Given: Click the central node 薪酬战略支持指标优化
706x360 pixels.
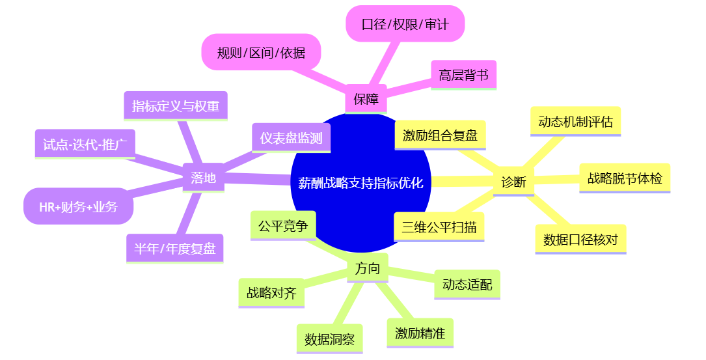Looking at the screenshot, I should [360, 183].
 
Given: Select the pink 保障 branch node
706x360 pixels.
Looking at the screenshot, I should [366, 99].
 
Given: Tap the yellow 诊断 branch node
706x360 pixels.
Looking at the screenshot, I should [513, 182].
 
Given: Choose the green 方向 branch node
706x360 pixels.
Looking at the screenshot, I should [368, 268].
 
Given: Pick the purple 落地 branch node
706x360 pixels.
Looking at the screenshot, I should [204, 177].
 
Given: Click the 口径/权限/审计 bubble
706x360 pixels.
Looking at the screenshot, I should [404, 25].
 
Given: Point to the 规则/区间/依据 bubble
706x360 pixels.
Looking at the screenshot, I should [262, 53].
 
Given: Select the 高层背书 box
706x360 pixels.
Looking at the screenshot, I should [463, 75].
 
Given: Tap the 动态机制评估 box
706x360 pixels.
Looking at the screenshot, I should [575, 121].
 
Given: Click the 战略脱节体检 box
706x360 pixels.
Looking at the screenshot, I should [625, 178].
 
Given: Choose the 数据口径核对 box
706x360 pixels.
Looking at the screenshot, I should [580, 240].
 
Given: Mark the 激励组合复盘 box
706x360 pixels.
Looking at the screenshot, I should [440, 135].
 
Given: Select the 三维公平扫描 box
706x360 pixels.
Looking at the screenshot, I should [439, 227].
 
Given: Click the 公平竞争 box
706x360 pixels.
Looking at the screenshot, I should [283, 226].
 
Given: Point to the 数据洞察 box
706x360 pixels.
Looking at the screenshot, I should [330, 339].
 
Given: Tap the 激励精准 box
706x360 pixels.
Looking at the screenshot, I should [420, 333].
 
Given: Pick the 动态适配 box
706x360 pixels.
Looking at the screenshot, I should [467, 284].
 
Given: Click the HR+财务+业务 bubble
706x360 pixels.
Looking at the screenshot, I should [78, 207].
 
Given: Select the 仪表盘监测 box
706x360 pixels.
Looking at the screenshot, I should [292, 138].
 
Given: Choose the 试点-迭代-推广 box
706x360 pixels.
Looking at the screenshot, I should [85, 144].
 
